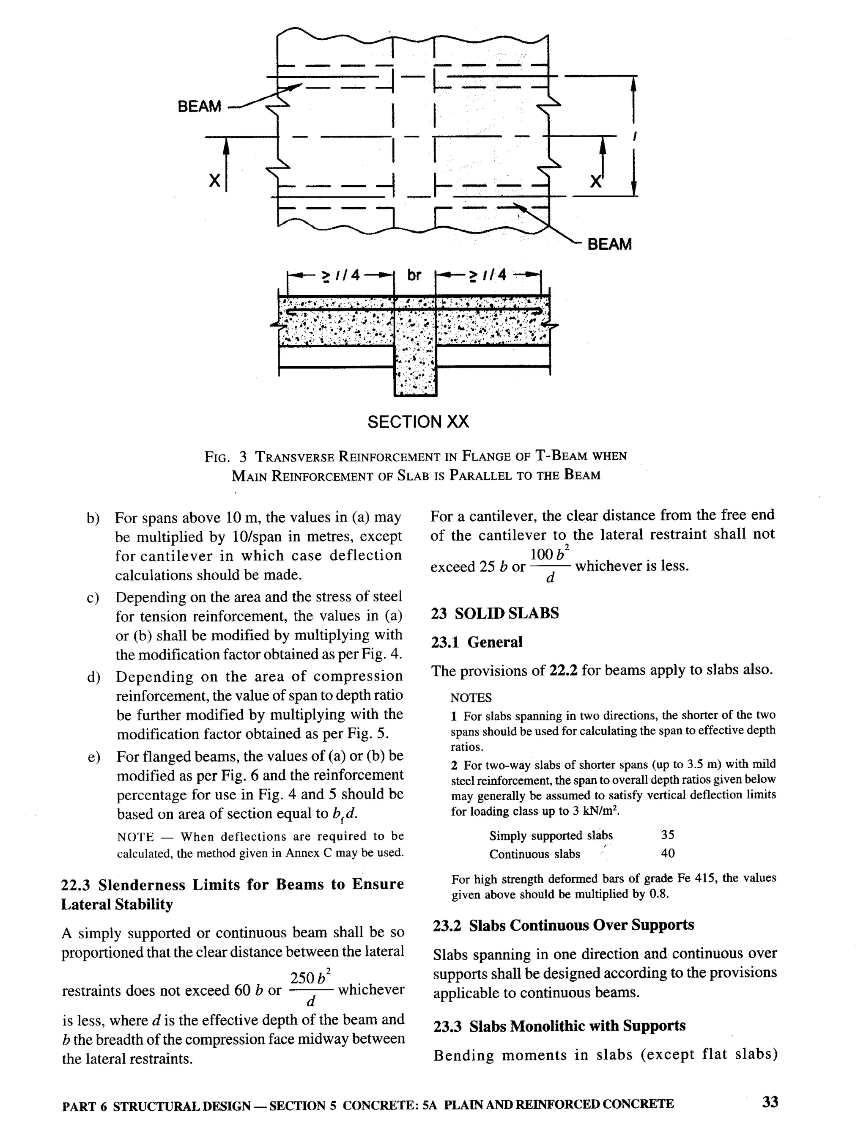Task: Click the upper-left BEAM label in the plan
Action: [x=199, y=107]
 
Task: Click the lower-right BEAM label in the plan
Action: [x=609, y=244]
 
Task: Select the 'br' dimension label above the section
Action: [x=414, y=275]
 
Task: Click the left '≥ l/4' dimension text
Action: [x=341, y=275]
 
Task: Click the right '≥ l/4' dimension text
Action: [x=488, y=275]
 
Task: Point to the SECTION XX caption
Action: [x=418, y=421]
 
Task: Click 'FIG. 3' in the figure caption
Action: [x=225, y=457]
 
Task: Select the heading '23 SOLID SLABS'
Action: [x=494, y=613]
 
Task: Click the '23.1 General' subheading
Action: [x=476, y=642]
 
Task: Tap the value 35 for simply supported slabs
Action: [x=667, y=835]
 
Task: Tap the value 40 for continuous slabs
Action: [x=667, y=853]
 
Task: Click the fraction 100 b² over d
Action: [x=550, y=565]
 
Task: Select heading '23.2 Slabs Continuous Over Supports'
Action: [x=563, y=926]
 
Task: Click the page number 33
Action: [x=770, y=1102]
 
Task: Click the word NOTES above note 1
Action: [x=471, y=698]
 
